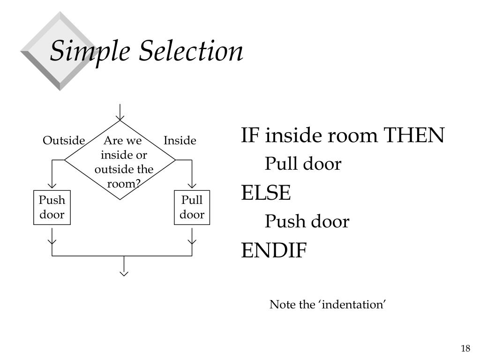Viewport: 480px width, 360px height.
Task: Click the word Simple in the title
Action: [90, 52]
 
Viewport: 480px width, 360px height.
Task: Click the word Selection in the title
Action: [191, 50]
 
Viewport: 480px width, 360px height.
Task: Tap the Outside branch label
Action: [64, 140]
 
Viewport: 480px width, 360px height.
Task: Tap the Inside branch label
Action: [180, 140]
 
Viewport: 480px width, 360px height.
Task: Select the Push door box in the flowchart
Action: [52, 208]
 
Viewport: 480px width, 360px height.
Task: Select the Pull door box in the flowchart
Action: [192, 208]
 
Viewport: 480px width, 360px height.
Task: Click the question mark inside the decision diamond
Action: [138, 183]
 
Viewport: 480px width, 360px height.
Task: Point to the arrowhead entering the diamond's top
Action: [120, 118]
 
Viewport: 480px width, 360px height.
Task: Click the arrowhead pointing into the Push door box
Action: [52, 185]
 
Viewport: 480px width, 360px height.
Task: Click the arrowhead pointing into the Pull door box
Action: [192, 185]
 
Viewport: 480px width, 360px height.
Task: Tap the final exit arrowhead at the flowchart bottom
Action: [124, 273]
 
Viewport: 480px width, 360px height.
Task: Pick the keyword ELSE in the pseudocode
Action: [266, 193]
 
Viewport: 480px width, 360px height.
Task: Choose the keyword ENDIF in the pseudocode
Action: [274, 250]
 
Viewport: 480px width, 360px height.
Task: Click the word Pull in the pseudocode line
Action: [281, 164]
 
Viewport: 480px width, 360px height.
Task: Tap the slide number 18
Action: [465, 348]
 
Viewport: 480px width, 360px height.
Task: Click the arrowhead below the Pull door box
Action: [192, 241]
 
